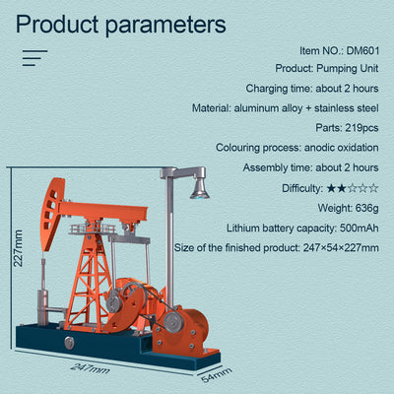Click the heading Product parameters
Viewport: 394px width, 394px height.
coord(120,24)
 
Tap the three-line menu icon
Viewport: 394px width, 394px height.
coord(35,58)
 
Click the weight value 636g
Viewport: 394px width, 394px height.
coord(361,207)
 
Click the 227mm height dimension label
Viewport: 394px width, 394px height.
coord(17,254)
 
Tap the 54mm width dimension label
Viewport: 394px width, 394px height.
coord(216,373)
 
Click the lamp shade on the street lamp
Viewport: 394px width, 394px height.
coord(200,187)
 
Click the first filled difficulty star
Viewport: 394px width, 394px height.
coord(331,187)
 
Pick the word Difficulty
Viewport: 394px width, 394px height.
coord(301,187)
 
